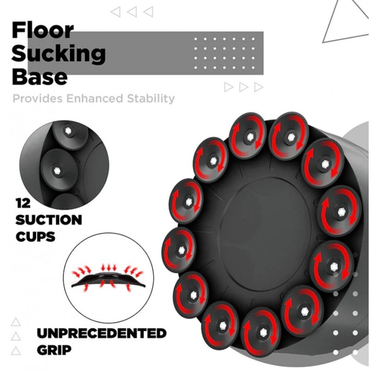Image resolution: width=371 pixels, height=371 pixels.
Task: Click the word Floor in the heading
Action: [x=43, y=30]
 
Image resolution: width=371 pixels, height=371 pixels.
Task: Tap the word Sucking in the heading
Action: [x=59, y=53]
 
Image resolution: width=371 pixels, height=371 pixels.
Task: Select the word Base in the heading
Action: [x=40, y=77]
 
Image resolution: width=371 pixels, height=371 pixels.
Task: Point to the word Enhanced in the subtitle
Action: [x=95, y=98]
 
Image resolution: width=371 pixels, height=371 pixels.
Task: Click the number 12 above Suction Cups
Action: [x=23, y=203]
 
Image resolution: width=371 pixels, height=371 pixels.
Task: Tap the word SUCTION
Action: [x=49, y=220]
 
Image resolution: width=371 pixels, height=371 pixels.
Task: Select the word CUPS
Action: [x=35, y=237]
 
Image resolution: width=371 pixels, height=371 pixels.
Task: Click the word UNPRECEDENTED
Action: [x=102, y=333]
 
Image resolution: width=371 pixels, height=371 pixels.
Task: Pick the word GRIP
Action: [x=54, y=350]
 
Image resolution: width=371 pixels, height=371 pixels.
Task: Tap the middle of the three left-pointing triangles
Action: [x=132, y=12]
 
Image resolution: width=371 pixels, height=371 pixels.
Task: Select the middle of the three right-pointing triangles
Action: [x=243, y=87]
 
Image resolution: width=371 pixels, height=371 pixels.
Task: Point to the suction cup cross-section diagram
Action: [x=109, y=278]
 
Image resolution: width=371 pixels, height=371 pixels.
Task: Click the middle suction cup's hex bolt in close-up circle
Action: [x=56, y=170]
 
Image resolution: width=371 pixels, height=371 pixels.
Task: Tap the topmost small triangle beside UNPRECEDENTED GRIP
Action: [x=16, y=322]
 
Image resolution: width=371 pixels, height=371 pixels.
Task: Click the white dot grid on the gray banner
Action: [x=224, y=53]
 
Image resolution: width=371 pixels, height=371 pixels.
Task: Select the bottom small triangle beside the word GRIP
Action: [x=16, y=351]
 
